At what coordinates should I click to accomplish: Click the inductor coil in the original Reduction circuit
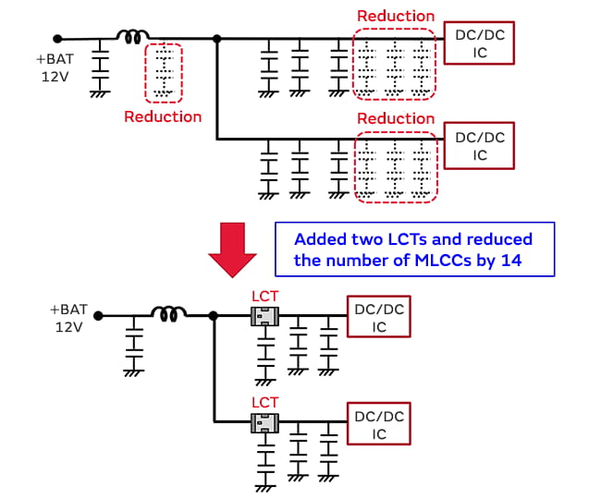click(133, 37)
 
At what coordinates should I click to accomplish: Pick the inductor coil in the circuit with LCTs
click(171, 315)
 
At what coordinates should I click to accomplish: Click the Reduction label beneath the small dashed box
click(163, 116)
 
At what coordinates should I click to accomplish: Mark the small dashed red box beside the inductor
click(164, 71)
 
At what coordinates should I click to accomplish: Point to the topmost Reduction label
click(395, 16)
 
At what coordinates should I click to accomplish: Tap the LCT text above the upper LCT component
click(264, 298)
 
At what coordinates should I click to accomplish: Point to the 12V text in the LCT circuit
click(70, 327)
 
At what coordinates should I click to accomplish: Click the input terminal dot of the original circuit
click(57, 39)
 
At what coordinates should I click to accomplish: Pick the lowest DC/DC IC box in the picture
click(378, 425)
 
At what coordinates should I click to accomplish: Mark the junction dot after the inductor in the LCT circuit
click(215, 316)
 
